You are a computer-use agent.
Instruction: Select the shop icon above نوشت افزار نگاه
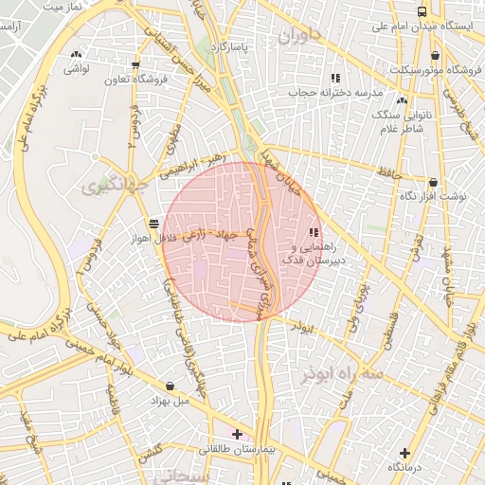(x=434, y=182)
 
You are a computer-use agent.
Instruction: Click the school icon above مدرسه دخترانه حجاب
(x=335, y=78)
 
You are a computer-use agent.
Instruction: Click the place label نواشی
(x=77, y=69)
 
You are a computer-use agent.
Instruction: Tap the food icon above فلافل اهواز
(x=153, y=223)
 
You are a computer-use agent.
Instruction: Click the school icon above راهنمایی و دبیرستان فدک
(x=314, y=232)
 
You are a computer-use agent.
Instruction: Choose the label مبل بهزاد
(x=170, y=400)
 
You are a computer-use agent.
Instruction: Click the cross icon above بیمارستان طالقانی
(x=237, y=434)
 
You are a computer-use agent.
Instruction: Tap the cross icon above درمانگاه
(x=405, y=454)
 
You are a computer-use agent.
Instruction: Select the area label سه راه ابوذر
(x=341, y=374)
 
